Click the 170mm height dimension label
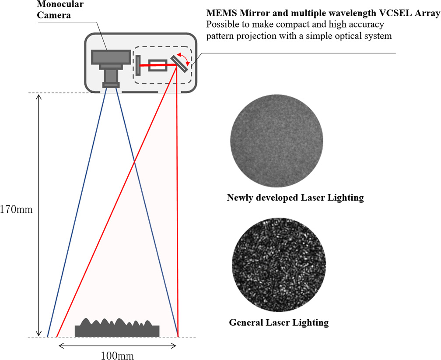pos(16,210)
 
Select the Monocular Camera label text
pos(60,9)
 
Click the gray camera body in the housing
pos(111,56)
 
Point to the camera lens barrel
pos(111,76)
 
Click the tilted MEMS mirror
pos(179,64)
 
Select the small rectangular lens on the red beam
pos(157,65)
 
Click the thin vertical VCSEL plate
pos(138,65)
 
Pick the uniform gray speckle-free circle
pos(276,141)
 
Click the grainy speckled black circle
pos(279,265)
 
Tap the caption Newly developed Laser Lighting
pos(295,198)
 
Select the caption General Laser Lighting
pos(279,322)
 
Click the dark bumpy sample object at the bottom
pos(117,328)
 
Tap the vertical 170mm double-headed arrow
pos(39,215)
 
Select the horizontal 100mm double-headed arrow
pos(117,346)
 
